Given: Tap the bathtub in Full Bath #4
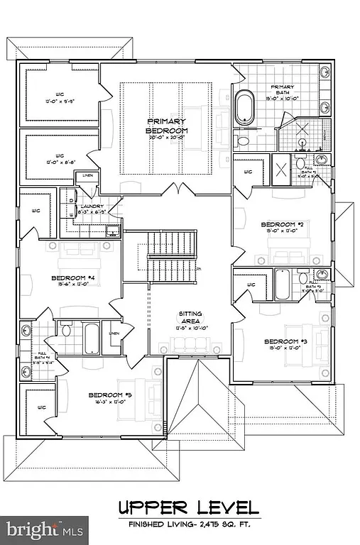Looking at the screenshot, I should coord(91,338).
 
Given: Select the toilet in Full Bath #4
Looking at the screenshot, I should coord(66,330).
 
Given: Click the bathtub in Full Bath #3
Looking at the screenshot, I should coord(282,285).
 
